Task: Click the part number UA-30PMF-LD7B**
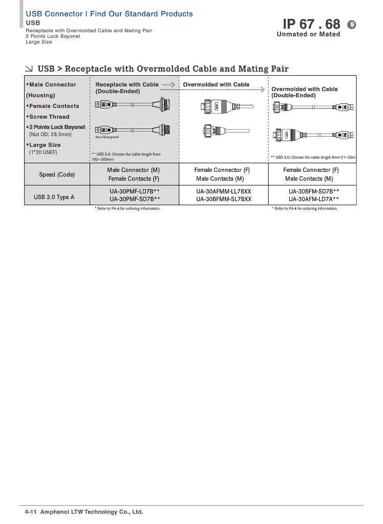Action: click(135, 191)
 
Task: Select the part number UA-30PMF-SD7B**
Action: click(135, 199)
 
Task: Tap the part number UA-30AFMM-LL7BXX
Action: click(224, 191)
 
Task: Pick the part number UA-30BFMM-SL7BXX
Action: click(224, 199)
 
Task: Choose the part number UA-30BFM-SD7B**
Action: click(313, 191)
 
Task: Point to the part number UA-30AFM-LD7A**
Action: click(313, 199)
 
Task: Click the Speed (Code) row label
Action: click(57, 174)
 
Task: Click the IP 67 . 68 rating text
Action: click(311, 24)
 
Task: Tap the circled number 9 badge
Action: click(351, 24)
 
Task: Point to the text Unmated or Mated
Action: click(308, 34)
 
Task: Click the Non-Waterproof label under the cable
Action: click(107, 137)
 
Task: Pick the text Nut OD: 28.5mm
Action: click(50, 134)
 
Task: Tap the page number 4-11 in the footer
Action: click(31, 512)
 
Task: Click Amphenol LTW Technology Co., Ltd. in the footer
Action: click(92, 512)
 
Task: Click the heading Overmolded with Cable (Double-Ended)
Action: click(304, 92)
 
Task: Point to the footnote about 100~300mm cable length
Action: click(125, 157)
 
